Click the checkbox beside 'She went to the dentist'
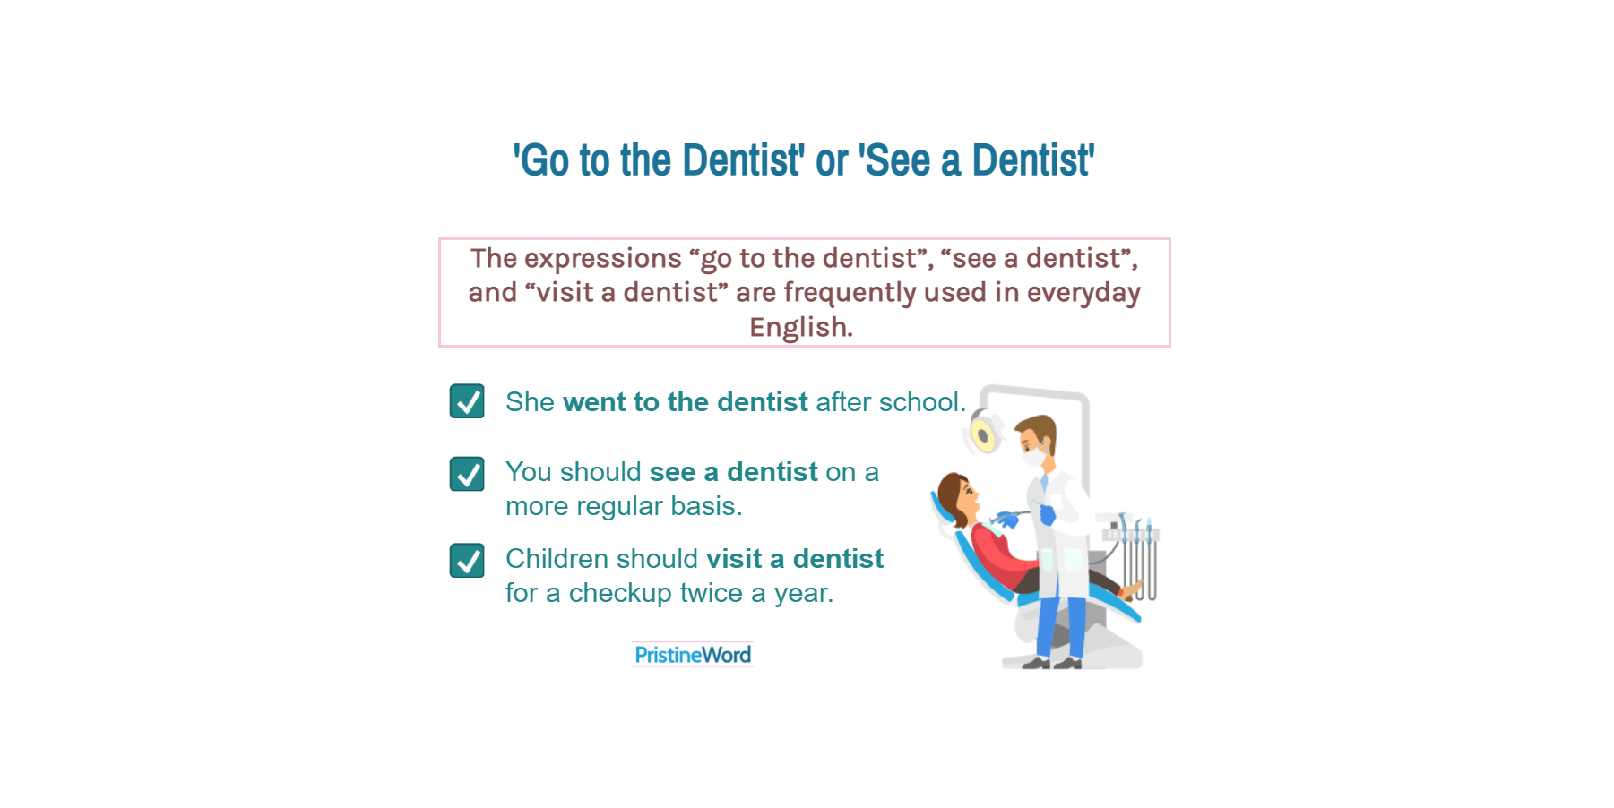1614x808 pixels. point(467,401)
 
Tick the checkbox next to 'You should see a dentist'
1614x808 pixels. point(467,474)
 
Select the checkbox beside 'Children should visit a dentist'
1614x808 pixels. point(467,561)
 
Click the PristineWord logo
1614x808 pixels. point(693,655)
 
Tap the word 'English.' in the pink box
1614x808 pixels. point(801,327)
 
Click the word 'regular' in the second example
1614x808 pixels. point(619,506)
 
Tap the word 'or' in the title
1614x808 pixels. point(831,161)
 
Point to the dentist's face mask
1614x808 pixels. point(1035,456)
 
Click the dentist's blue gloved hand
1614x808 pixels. point(1046,515)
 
